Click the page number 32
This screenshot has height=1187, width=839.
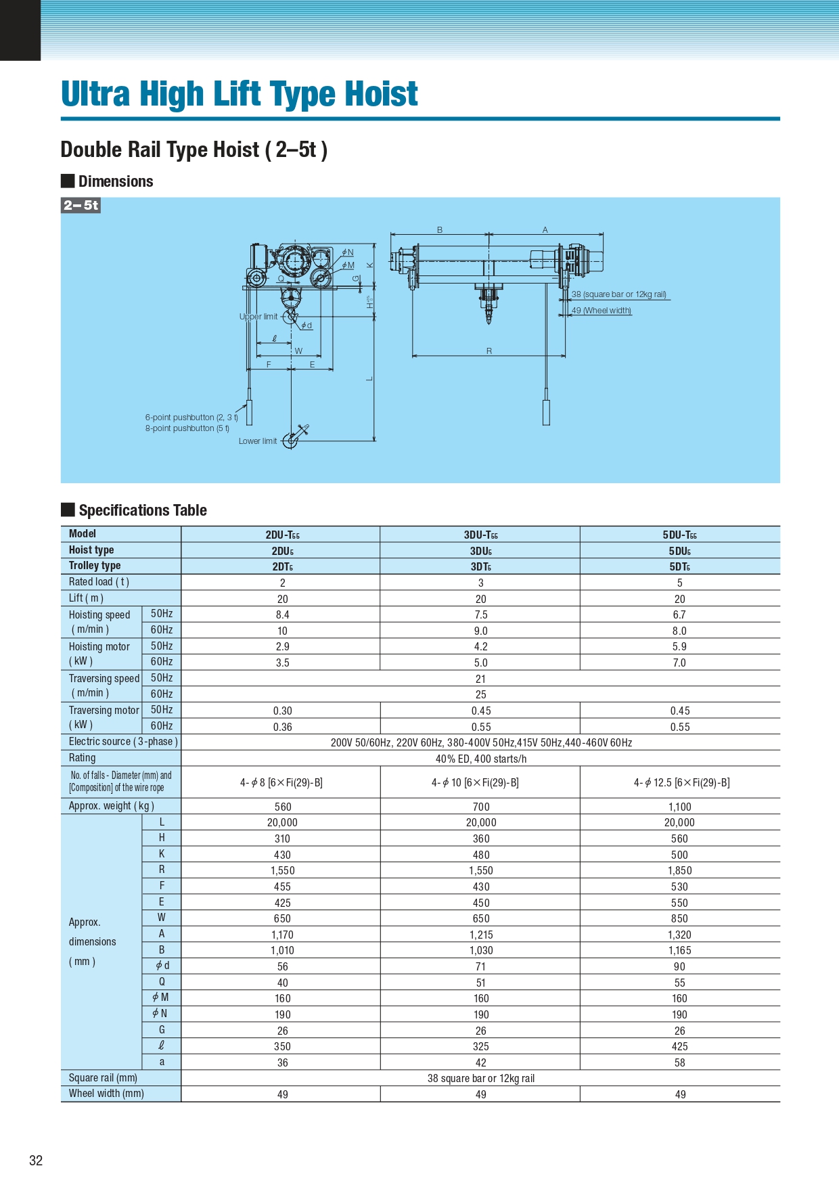(36, 1161)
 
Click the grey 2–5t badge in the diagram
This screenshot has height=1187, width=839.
(81, 205)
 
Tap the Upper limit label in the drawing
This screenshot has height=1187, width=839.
(258, 317)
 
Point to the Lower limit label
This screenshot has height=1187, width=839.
(258, 441)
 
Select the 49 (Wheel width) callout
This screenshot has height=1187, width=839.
(602, 311)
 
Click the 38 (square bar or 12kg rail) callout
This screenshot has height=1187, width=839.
(619, 294)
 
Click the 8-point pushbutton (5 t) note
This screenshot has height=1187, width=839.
(187, 428)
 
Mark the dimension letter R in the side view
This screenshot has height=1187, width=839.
(489, 351)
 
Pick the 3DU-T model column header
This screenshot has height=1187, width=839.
(480, 535)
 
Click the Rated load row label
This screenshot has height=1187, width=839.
(99, 582)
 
